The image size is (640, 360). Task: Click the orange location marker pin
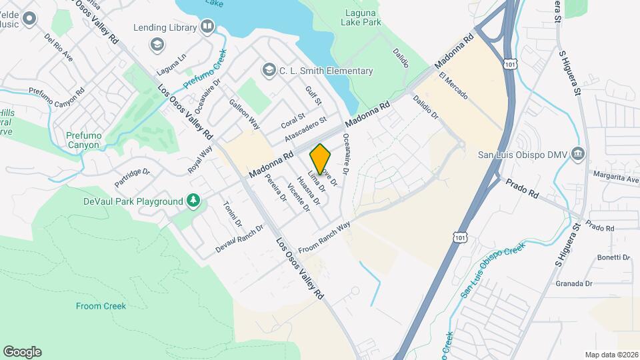point(321,159)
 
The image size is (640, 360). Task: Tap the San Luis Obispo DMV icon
point(577,155)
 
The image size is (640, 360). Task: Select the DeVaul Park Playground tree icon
point(193,201)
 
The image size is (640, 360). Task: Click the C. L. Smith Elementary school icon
point(268,71)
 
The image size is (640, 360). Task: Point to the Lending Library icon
point(207,27)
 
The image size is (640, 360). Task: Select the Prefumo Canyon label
point(83,140)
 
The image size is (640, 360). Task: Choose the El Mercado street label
point(453,86)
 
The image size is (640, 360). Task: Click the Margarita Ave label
point(615,176)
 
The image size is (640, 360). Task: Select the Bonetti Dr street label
point(613,257)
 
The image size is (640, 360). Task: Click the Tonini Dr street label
point(233,213)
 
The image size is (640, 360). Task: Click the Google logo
point(22,351)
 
